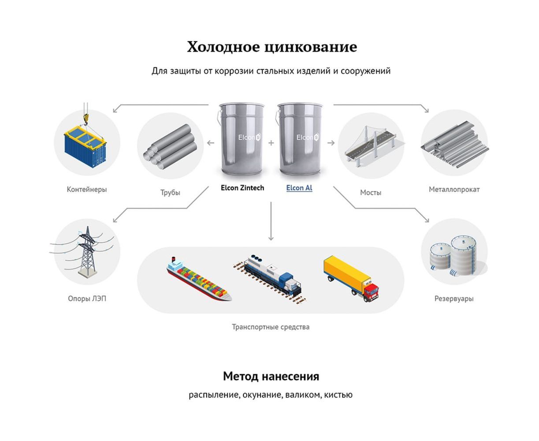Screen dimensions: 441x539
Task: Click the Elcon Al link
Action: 299,188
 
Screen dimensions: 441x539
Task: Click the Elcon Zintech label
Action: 242,188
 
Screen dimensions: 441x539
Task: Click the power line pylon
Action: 87,251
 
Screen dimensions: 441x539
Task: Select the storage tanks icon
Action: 454,255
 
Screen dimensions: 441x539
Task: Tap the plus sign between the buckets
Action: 271,143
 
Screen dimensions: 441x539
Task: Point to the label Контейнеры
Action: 87,190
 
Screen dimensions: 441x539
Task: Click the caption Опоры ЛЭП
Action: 87,299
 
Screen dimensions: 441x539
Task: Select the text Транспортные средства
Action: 271,327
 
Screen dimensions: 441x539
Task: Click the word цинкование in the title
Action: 311,47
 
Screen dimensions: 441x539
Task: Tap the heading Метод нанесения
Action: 271,377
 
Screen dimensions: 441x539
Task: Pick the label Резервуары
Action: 454,299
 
